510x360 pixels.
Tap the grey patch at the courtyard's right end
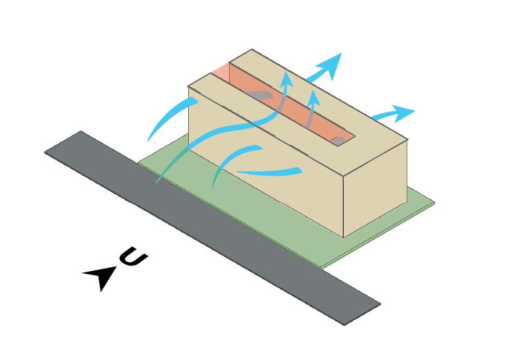(x=338, y=140)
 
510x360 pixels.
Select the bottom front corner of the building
(x=344, y=236)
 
